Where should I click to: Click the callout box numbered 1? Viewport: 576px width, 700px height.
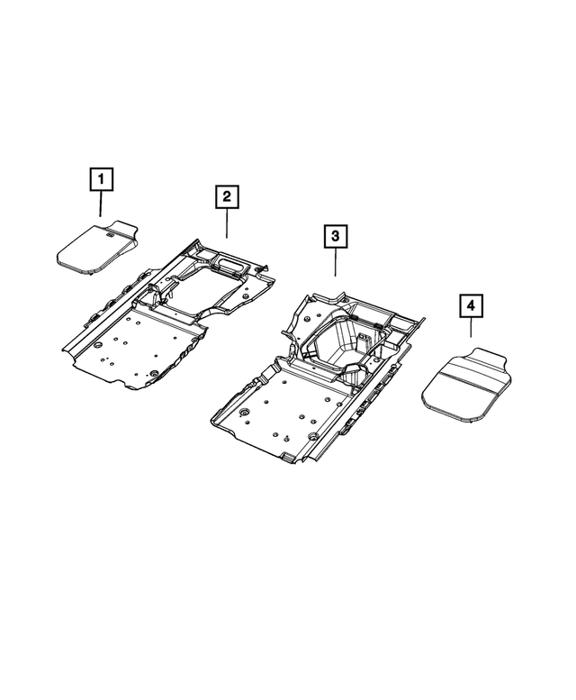point(101,180)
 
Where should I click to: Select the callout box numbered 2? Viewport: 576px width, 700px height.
point(226,195)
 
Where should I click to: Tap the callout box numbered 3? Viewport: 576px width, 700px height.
point(334,237)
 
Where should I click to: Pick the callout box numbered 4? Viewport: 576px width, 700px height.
point(470,307)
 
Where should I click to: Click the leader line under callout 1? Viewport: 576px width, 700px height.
point(101,205)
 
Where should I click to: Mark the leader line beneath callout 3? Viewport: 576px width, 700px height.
point(334,262)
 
